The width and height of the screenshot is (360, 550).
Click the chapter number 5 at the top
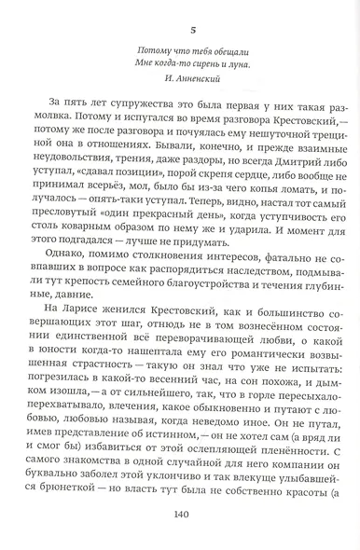click(179, 13)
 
